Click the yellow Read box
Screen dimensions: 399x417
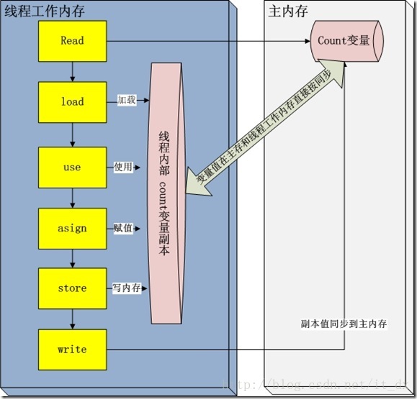pos(72,41)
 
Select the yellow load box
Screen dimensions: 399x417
pos(72,102)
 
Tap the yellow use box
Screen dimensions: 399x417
pos(72,167)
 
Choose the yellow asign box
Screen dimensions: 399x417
pos(72,228)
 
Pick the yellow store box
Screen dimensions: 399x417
pos(72,288)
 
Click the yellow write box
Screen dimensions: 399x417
pos(72,349)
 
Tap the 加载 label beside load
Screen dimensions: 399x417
pos(126,102)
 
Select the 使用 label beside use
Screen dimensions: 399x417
pos(123,167)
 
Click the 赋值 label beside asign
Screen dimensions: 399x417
pos(123,228)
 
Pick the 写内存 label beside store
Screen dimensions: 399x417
pos(126,288)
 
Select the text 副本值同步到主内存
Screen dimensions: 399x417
pos(344,324)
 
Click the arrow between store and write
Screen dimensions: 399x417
pos(72,319)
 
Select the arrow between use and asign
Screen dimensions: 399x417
pos(72,198)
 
